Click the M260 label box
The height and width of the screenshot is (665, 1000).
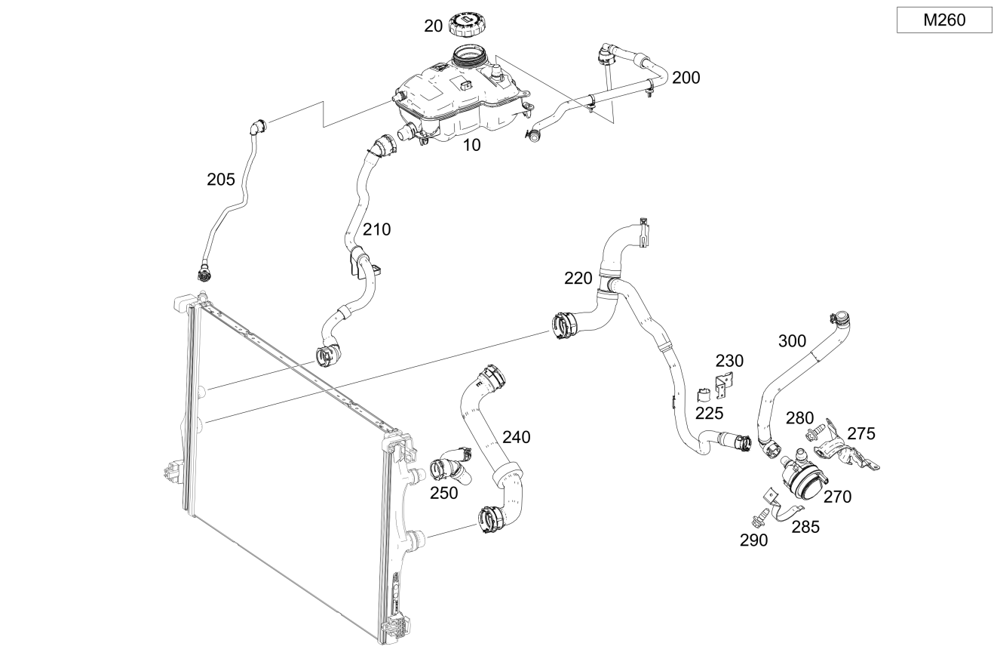(x=944, y=20)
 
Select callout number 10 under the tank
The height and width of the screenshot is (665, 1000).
(x=471, y=145)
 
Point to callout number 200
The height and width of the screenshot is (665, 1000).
(x=686, y=78)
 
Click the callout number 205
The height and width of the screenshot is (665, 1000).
(x=220, y=180)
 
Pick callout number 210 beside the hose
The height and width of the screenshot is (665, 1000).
(x=376, y=229)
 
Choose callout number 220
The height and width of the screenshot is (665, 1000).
(x=578, y=279)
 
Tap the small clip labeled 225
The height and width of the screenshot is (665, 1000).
(x=703, y=395)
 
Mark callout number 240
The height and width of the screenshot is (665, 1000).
(x=517, y=437)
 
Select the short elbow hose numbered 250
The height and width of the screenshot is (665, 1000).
(x=451, y=466)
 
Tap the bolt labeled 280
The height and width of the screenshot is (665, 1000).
(x=814, y=433)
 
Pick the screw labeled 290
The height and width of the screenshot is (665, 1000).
(x=759, y=518)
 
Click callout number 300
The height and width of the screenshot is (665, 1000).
(x=792, y=341)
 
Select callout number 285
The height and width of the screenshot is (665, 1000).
(x=805, y=528)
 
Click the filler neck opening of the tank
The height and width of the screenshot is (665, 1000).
(x=469, y=56)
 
